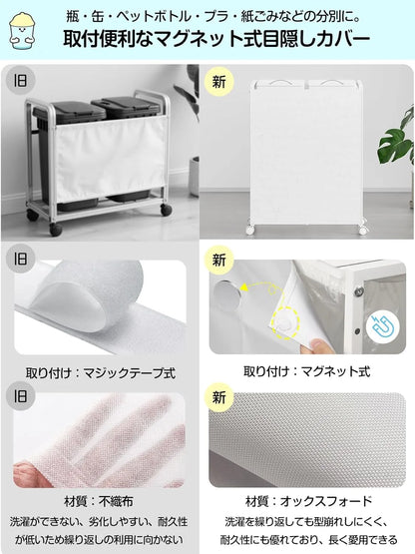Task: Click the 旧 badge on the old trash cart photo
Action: (x=20, y=81)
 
